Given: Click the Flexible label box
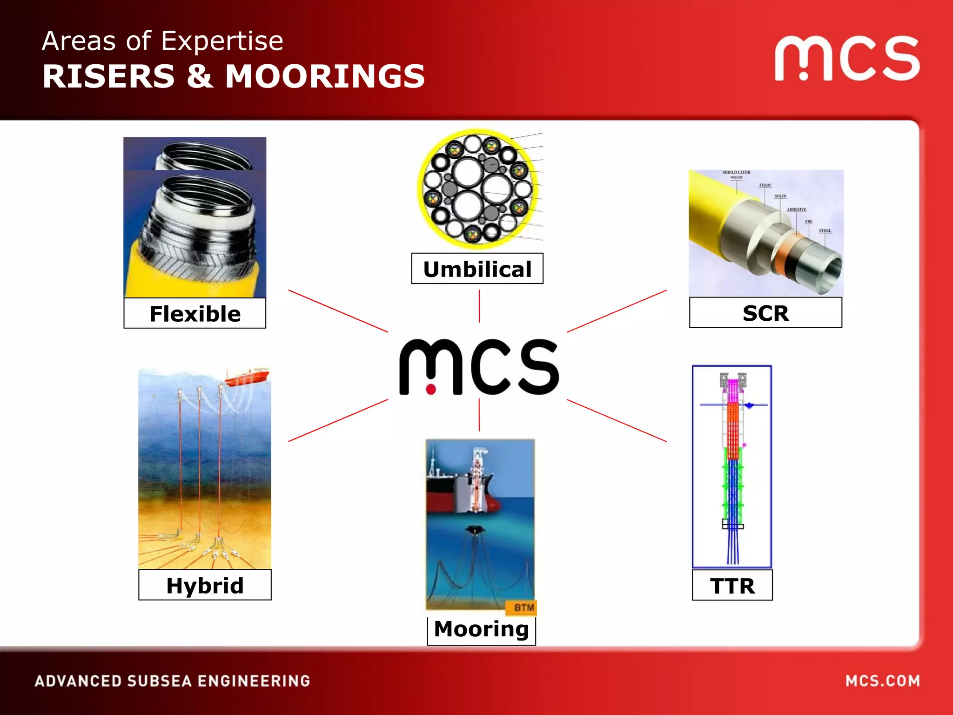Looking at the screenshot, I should [x=195, y=313].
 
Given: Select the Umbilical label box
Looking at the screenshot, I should [x=477, y=269].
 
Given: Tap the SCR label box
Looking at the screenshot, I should [x=765, y=313].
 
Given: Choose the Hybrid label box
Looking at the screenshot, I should [x=205, y=585].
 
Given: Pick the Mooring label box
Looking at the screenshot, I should [x=481, y=630].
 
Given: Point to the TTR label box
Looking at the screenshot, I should [x=732, y=586].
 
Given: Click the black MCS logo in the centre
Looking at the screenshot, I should [x=479, y=367].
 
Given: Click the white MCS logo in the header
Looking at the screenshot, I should [x=847, y=58].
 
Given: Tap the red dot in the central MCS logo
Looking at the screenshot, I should [x=431, y=389].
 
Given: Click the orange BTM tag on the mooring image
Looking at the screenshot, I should [x=522, y=607].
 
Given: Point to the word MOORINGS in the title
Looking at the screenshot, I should [x=325, y=77].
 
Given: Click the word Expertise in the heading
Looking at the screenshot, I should [x=222, y=41].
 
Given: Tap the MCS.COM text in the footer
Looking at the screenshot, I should [x=882, y=681].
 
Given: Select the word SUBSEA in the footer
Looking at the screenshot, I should [x=158, y=681].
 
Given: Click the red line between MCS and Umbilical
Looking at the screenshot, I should [x=479, y=306].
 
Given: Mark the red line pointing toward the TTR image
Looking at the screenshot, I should [x=617, y=420].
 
